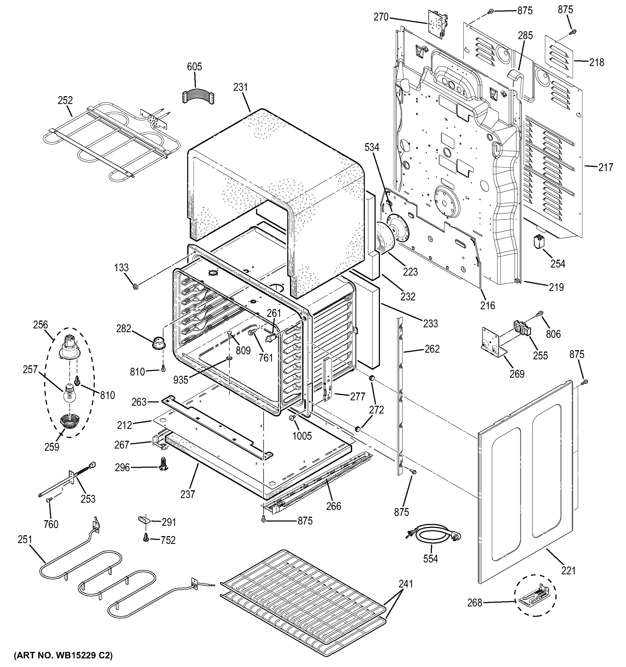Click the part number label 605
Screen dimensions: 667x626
(194, 67)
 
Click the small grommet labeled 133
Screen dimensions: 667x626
(136, 287)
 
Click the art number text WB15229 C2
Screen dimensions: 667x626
(63, 654)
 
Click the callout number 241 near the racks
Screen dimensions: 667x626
(405, 584)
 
